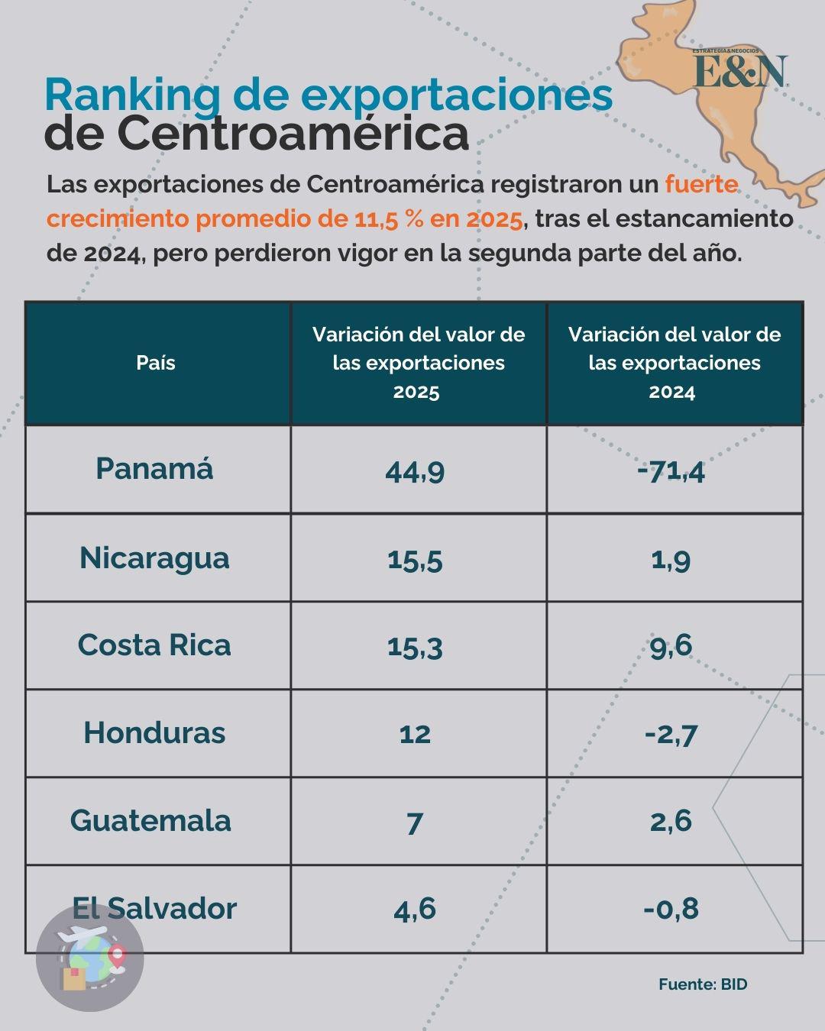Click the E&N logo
[739, 70]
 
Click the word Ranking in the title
[132, 95]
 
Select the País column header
[156, 363]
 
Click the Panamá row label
[154, 468]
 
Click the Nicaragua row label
[154, 558]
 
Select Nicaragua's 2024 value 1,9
[671, 560]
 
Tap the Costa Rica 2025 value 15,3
[415, 647]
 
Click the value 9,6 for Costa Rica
[671, 646]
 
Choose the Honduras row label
[154, 732]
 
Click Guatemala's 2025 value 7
[415, 823]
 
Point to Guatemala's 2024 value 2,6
[671, 822]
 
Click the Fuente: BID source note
[703, 984]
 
